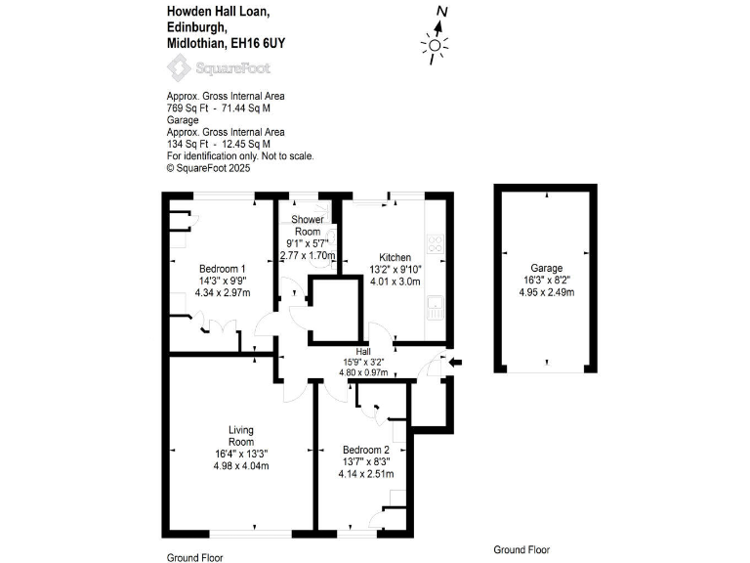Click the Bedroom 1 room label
(x=223, y=269)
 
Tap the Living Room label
(x=241, y=436)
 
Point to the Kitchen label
(x=395, y=257)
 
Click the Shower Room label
(x=308, y=225)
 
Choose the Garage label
(x=547, y=268)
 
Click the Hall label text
(x=363, y=351)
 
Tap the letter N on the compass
(x=442, y=12)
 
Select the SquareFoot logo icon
(x=180, y=67)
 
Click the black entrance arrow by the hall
(x=455, y=363)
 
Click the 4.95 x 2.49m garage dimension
(x=547, y=291)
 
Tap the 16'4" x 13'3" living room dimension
(x=241, y=453)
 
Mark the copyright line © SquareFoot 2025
(x=209, y=168)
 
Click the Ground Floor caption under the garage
(x=521, y=549)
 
